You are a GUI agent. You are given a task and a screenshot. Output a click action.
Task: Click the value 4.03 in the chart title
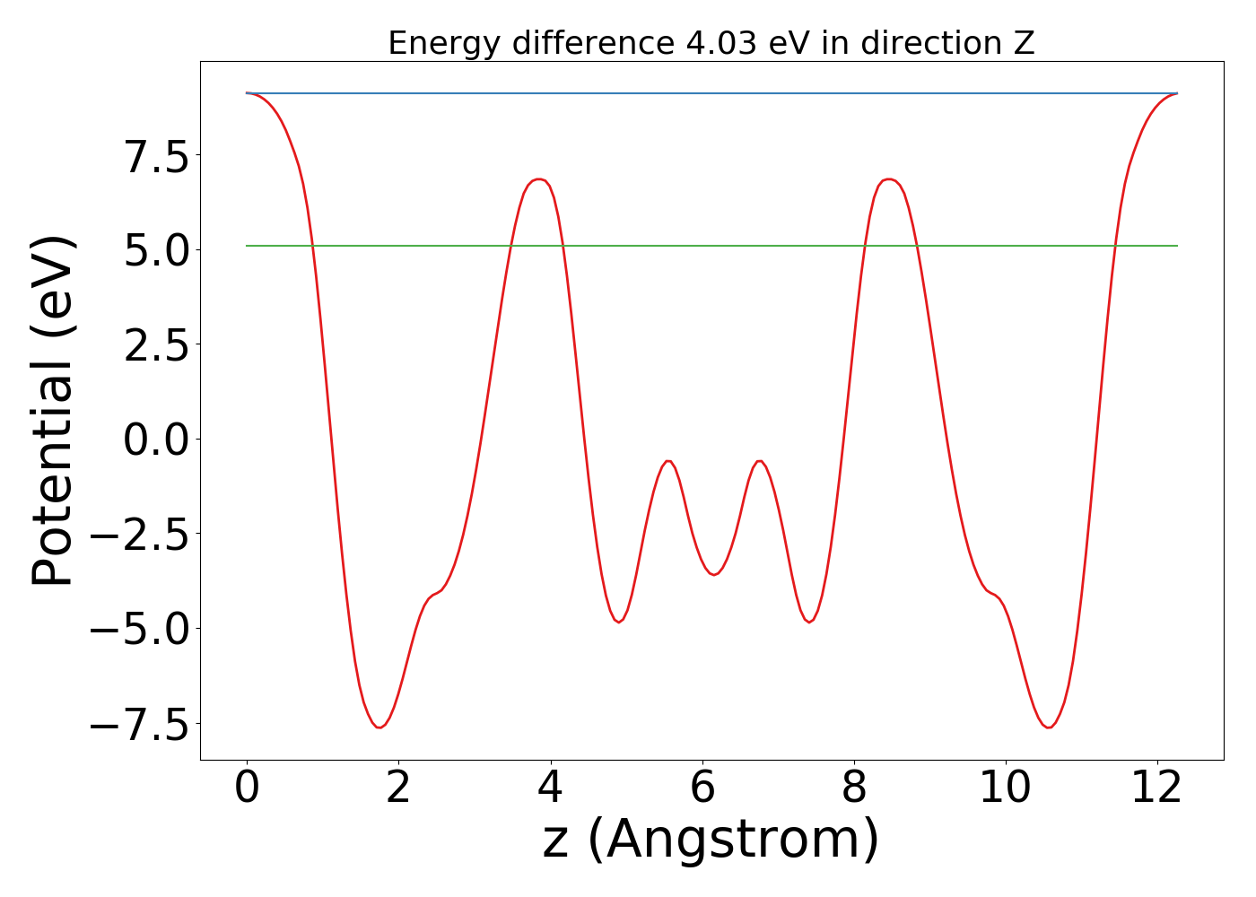click(723, 43)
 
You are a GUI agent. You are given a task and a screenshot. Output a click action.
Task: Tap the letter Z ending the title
click(1025, 43)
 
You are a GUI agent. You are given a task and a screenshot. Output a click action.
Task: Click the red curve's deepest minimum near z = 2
click(379, 727)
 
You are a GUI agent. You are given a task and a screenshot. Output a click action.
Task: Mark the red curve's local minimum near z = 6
click(714, 574)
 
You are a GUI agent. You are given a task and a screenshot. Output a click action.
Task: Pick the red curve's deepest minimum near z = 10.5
click(1048, 727)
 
